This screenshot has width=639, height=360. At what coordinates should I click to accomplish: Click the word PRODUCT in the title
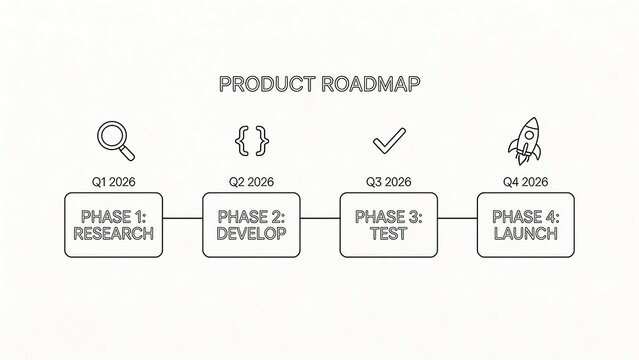267,84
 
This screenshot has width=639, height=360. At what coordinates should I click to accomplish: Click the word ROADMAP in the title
371,84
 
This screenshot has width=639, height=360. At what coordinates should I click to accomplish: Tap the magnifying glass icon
115,141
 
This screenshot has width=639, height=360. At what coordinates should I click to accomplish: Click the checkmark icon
387,142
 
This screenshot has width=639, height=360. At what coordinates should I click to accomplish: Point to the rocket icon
524,140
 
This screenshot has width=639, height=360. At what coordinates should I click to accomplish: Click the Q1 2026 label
114,182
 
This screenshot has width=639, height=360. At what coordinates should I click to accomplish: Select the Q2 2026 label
251,182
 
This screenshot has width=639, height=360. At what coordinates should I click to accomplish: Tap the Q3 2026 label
388,182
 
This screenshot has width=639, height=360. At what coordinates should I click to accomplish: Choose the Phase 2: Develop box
251,224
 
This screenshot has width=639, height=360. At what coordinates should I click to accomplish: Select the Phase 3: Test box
388,224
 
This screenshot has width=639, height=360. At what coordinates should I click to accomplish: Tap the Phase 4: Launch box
525,224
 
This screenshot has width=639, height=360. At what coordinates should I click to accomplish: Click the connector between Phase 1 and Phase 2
182,218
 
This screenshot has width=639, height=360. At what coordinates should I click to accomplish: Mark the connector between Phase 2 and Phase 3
320,218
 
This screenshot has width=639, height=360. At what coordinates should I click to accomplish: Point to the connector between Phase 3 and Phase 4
457,218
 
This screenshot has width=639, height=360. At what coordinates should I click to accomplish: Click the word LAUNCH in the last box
525,234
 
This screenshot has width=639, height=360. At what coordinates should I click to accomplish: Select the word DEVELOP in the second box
251,234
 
